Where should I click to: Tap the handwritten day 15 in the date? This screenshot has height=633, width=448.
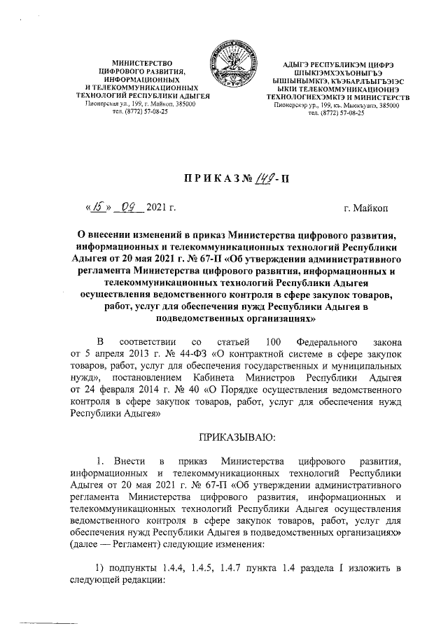98,208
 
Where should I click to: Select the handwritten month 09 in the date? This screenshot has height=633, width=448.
129,208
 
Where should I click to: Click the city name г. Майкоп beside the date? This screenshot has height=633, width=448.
372,208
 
